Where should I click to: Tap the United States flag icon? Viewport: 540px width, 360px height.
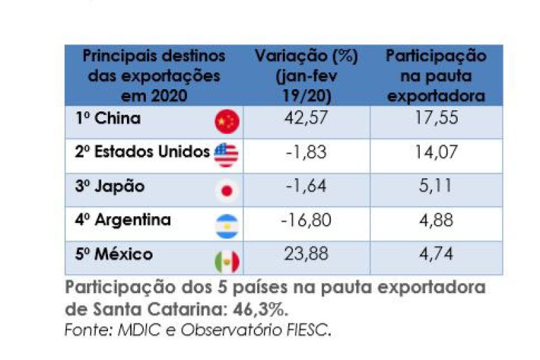coord(226,155)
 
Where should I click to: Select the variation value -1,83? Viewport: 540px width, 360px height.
coord(305,152)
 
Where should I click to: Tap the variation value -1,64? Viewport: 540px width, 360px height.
coord(305,186)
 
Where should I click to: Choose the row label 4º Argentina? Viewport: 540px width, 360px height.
coord(123,220)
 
